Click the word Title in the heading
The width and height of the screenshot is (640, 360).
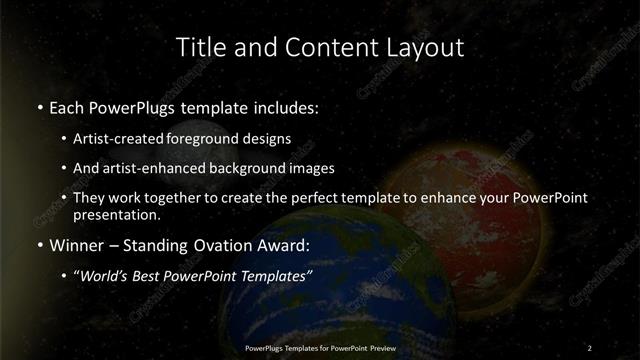pos(198,47)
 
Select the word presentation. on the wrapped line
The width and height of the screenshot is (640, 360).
pos(116,214)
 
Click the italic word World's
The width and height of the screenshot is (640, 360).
pos(107,276)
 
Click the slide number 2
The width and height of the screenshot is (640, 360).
pos(589,347)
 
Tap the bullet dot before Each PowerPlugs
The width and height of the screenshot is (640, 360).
pos(39,106)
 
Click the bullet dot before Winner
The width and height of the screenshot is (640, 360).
pos(39,245)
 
